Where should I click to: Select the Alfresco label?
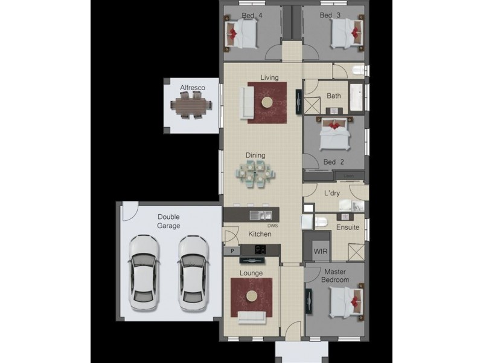pyautogui.click(x=192, y=88)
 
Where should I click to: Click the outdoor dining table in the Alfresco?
pyautogui.click(x=191, y=107)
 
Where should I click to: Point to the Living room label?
pyautogui.click(x=269, y=77)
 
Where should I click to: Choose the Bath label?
pyautogui.click(x=333, y=96)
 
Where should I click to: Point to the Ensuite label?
pyautogui.click(x=348, y=227)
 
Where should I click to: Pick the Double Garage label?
pyautogui.click(x=169, y=221)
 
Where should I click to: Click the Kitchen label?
pyautogui.click(x=260, y=234)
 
